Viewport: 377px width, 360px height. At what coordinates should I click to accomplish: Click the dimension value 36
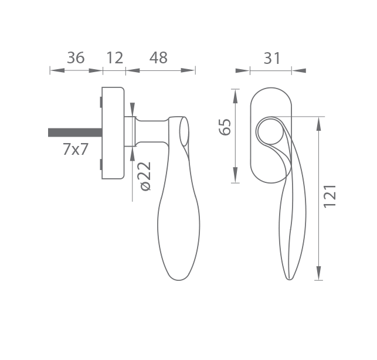click(x=76, y=57)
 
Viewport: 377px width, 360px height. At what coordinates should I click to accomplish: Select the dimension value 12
click(x=114, y=57)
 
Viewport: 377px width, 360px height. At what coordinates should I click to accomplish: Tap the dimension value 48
click(x=158, y=57)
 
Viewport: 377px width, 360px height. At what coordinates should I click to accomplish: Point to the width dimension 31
click(x=272, y=58)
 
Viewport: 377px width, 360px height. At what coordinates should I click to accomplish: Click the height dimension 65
click(x=225, y=127)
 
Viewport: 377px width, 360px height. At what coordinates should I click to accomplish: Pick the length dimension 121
click(x=330, y=196)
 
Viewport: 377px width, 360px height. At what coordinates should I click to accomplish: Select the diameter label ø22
click(x=145, y=176)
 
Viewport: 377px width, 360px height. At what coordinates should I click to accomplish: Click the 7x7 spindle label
click(x=76, y=149)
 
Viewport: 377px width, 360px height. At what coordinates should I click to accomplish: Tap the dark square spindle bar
click(x=75, y=133)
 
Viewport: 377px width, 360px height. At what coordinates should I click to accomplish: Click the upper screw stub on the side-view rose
click(x=101, y=102)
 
